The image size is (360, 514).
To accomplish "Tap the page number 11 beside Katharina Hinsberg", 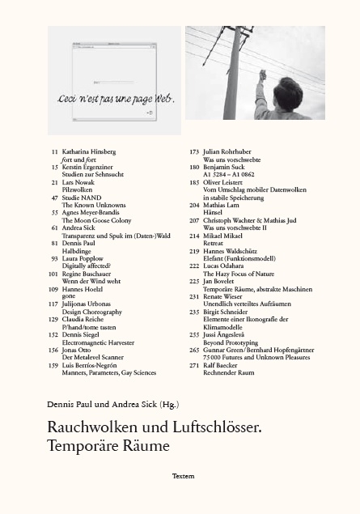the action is click(54, 151).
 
